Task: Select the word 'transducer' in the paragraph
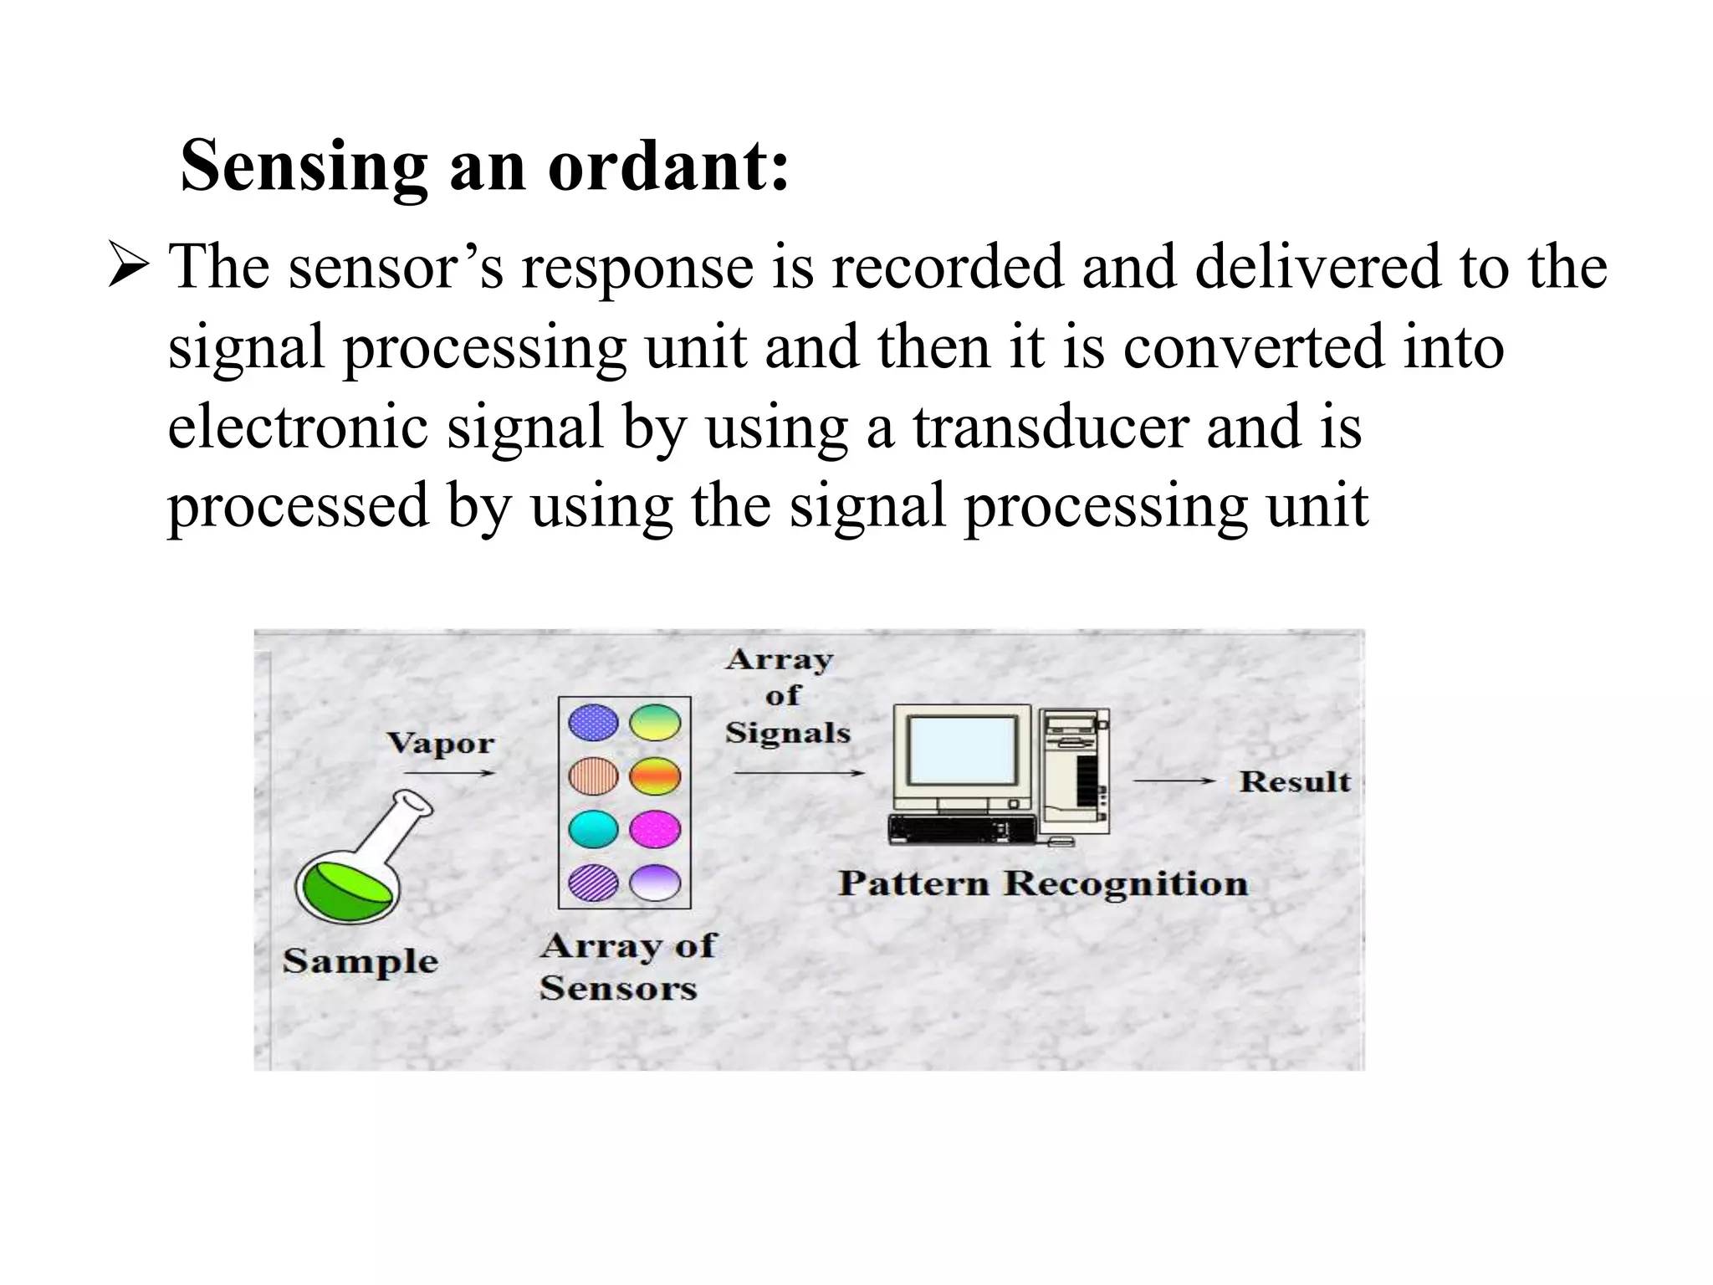pyautogui.click(x=1049, y=427)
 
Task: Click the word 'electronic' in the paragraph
pyautogui.click(x=298, y=427)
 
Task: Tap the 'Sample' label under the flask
pyautogui.click(x=360, y=961)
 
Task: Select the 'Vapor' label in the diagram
pyautogui.click(x=440, y=744)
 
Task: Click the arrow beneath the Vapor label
pyautogui.click(x=449, y=774)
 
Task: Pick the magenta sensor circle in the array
pyautogui.click(x=655, y=830)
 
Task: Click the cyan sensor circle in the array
pyautogui.click(x=593, y=830)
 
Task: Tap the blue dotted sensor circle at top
pyautogui.click(x=593, y=723)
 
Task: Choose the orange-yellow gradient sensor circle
pyautogui.click(x=655, y=776)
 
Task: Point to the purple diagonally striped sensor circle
pyautogui.click(x=593, y=883)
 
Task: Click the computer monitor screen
pyautogui.click(x=963, y=752)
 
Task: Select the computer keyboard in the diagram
pyautogui.click(x=962, y=829)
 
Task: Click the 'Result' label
pyautogui.click(x=1295, y=781)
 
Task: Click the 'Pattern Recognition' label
pyautogui.click(x=1043, y=883)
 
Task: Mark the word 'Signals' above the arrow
pyautogui.click(x=787, y=734)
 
